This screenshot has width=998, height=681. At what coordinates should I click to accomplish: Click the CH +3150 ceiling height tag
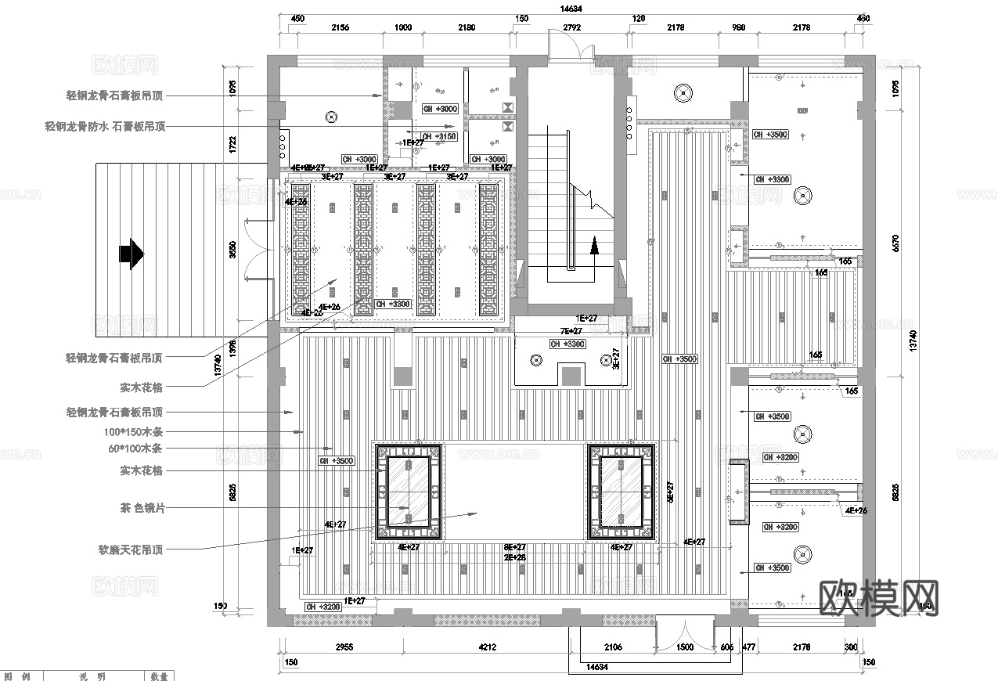(x=439, y=136)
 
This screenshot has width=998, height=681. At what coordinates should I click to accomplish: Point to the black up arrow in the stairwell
(x=593, y=247)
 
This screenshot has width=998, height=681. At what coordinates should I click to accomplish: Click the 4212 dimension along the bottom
(x=488, y=647)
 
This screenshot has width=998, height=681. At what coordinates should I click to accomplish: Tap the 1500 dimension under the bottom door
(x=684, y=647)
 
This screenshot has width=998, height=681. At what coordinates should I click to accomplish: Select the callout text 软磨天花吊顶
(x=131, y=549)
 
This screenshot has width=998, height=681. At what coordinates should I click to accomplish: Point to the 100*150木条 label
(x=133, y=431)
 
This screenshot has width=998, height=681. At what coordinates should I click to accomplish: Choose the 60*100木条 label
(x=135, y=449)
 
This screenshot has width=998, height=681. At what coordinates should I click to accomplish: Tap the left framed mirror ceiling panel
(x=408, y=492)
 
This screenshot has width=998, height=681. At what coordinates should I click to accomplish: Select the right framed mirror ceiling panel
(x=621, y=492)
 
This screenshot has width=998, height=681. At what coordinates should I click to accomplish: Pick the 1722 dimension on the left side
(x=232, y=143)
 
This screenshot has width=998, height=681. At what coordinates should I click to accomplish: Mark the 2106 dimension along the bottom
(x=614, y=647)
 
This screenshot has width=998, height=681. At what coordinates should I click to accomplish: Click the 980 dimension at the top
(x=738, y=27)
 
